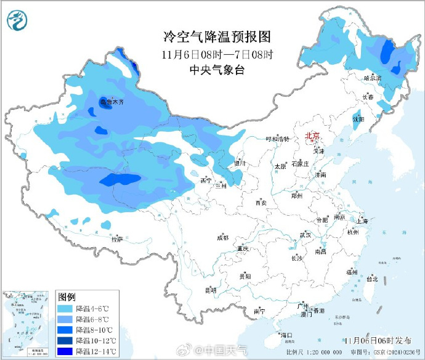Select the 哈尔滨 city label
tap(373, 78)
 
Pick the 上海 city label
tap(361, 221)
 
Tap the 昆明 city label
tap(210, 289)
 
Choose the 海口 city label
tap(286, 335)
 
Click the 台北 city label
tap(372, 279)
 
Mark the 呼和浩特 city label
tap(277, 139)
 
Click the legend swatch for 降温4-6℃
tap(65, 308)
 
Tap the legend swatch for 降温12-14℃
tap(65, 351)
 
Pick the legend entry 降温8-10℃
tap(92, 330)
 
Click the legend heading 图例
tap(67, 297)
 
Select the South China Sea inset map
tap(27, 323)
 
